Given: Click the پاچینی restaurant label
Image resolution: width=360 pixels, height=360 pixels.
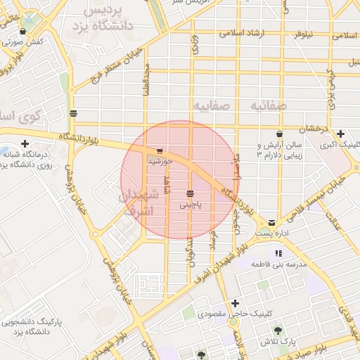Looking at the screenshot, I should [190, 205].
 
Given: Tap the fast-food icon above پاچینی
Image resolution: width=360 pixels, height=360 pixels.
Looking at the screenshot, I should [190, 193].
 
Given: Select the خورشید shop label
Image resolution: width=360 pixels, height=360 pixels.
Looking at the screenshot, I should [160, 162].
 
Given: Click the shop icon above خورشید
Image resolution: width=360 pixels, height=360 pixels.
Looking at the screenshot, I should [160, 150].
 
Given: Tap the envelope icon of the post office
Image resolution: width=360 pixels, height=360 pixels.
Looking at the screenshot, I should [271, 222].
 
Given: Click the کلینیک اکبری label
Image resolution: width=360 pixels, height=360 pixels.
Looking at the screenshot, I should [340, 145].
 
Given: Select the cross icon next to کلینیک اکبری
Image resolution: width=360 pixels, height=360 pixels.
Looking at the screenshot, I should [341, 134].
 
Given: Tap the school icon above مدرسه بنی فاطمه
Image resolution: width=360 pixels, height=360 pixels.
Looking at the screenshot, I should [278, 253].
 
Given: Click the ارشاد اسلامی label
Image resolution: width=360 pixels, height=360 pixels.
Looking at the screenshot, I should [241, 33].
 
